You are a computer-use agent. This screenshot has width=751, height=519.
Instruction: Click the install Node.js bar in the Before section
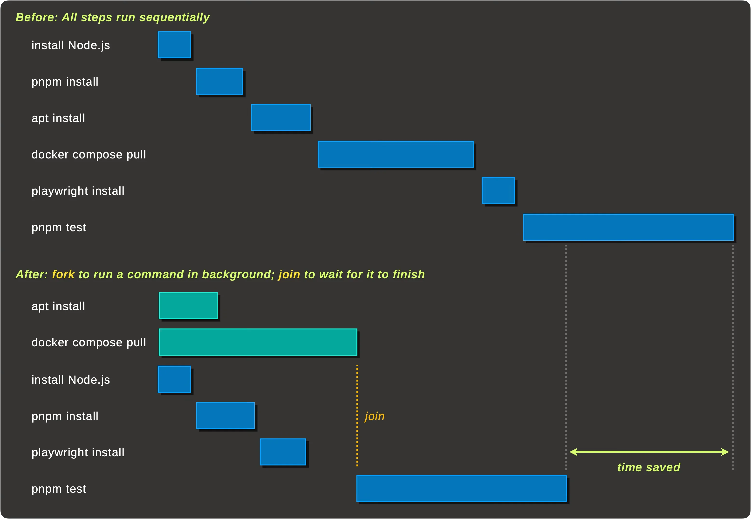click(174, 45)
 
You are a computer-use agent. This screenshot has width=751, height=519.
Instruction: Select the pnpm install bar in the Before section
click(220, 81)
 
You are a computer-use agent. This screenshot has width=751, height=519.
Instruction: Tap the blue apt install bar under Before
click(281, 118)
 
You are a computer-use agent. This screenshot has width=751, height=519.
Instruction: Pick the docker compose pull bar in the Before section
click(396, 154)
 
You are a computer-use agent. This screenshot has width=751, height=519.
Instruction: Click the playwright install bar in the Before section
click(498, 191)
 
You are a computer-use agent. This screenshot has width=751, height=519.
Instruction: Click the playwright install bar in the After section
click(283, 452)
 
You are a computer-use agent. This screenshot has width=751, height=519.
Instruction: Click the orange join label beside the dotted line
click(375, 416)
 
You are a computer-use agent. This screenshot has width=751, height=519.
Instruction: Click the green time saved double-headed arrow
click(649, 452)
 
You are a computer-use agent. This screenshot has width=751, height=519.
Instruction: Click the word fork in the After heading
click(63, 274)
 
